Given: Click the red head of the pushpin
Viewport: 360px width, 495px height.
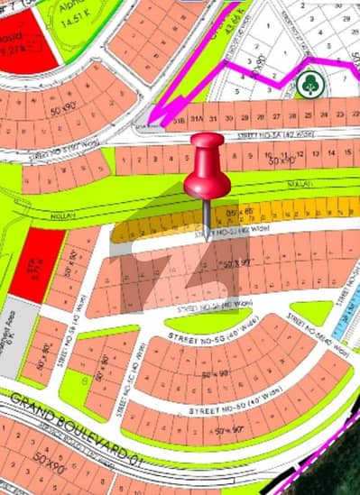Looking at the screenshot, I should [x=207, y=167].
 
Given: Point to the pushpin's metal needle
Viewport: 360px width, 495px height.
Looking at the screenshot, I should [x=208, y=215].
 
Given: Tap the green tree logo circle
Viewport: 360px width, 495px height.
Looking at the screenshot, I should [x=309, y=83].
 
